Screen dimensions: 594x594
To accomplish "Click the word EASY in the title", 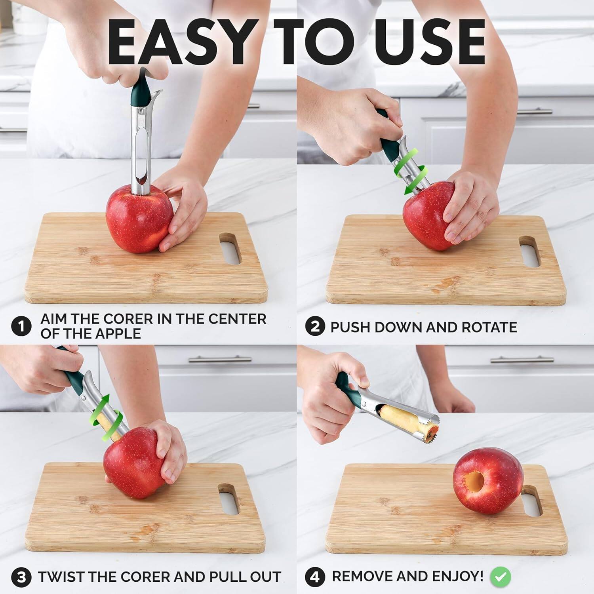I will pos(180,42).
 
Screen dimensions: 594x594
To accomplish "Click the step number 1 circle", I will pos(21,327).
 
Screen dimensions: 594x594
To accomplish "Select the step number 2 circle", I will pos(315,327).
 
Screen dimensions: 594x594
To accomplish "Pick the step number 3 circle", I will pos(21,577).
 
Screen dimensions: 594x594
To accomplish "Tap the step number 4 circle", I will pos(315,577).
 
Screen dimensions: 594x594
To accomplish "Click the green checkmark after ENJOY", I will pos(501,577).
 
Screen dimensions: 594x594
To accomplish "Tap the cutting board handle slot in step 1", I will pos(230,248).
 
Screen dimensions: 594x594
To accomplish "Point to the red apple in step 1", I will pos(139,220).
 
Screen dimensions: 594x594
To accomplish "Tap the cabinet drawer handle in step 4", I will pos(522,360).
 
